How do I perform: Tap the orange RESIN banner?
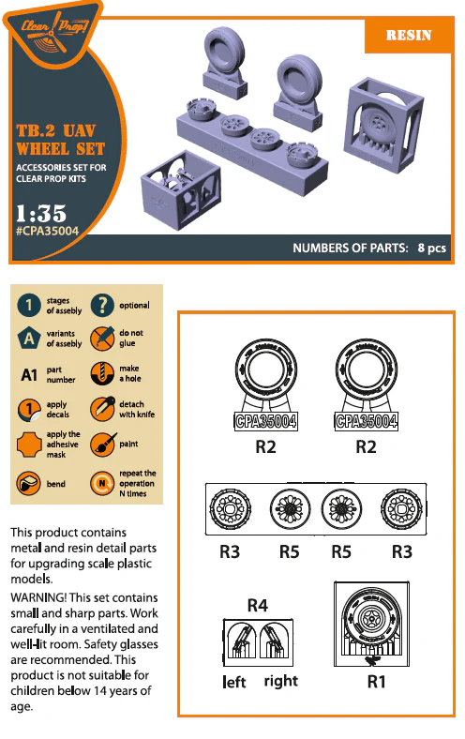409,36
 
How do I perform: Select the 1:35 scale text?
41,213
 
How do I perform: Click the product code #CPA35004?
47,231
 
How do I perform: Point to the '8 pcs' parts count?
431,248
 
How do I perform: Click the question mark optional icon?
102,305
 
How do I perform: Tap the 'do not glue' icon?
102,339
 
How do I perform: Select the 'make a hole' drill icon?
102,374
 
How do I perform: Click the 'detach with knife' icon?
102,409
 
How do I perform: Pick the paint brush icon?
102,444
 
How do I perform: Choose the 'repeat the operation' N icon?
102,483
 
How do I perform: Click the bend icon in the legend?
29,483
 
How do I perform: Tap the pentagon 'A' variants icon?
29,339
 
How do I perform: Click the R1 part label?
377,682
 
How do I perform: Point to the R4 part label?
258,605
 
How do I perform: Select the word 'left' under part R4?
234,682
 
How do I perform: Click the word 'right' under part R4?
281,682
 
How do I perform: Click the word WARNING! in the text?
38,597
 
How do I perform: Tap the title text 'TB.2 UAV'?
56,130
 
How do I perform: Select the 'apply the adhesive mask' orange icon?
29,445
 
